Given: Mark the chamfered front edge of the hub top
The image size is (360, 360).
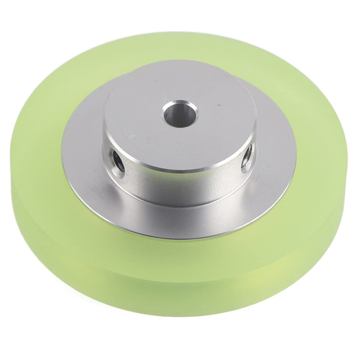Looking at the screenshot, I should point(180,170).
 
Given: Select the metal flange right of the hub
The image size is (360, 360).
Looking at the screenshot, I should point(274,148).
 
